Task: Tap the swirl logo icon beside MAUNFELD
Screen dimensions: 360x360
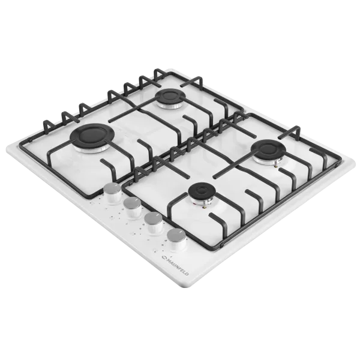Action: pyautogui.click(x=164, y=256)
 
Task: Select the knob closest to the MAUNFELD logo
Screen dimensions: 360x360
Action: pyautogui.click(x=176, y=239)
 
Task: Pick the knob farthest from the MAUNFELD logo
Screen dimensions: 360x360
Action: pyautogui.click(x=113, y=193)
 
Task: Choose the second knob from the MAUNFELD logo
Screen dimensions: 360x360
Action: pyautogui.click(x=154, y=223)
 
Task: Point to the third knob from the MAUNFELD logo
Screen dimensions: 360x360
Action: pyautogui.click(x=133, y=208)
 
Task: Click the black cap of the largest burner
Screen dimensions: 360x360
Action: pyautogui.click(x=91, y=136)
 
